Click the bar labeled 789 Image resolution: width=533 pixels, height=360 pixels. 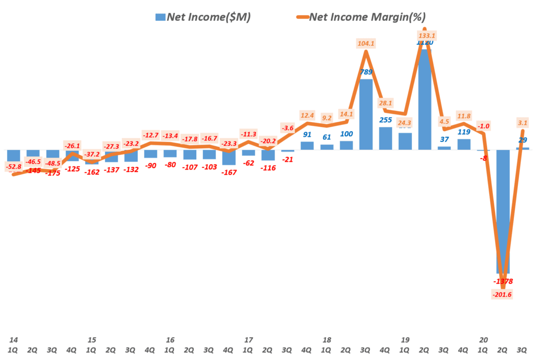(366, 114)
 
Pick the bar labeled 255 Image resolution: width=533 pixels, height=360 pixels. (386, 138)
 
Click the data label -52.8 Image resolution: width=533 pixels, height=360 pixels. (14, 166)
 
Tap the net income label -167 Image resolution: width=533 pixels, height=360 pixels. (230, 173)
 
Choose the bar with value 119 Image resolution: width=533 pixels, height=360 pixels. (464, 144)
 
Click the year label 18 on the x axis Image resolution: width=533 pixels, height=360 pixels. (327, 340)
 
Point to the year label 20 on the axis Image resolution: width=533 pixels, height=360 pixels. (484, 340)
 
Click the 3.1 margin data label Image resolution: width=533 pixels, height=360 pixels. (523, 123)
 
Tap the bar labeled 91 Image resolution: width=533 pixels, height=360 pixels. (307, 145)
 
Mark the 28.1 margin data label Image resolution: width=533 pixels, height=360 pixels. (386, 103)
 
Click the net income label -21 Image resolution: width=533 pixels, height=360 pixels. (288, 160)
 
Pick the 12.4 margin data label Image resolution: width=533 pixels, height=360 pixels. (308, 114)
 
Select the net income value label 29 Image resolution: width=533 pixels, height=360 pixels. (523, 140)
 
